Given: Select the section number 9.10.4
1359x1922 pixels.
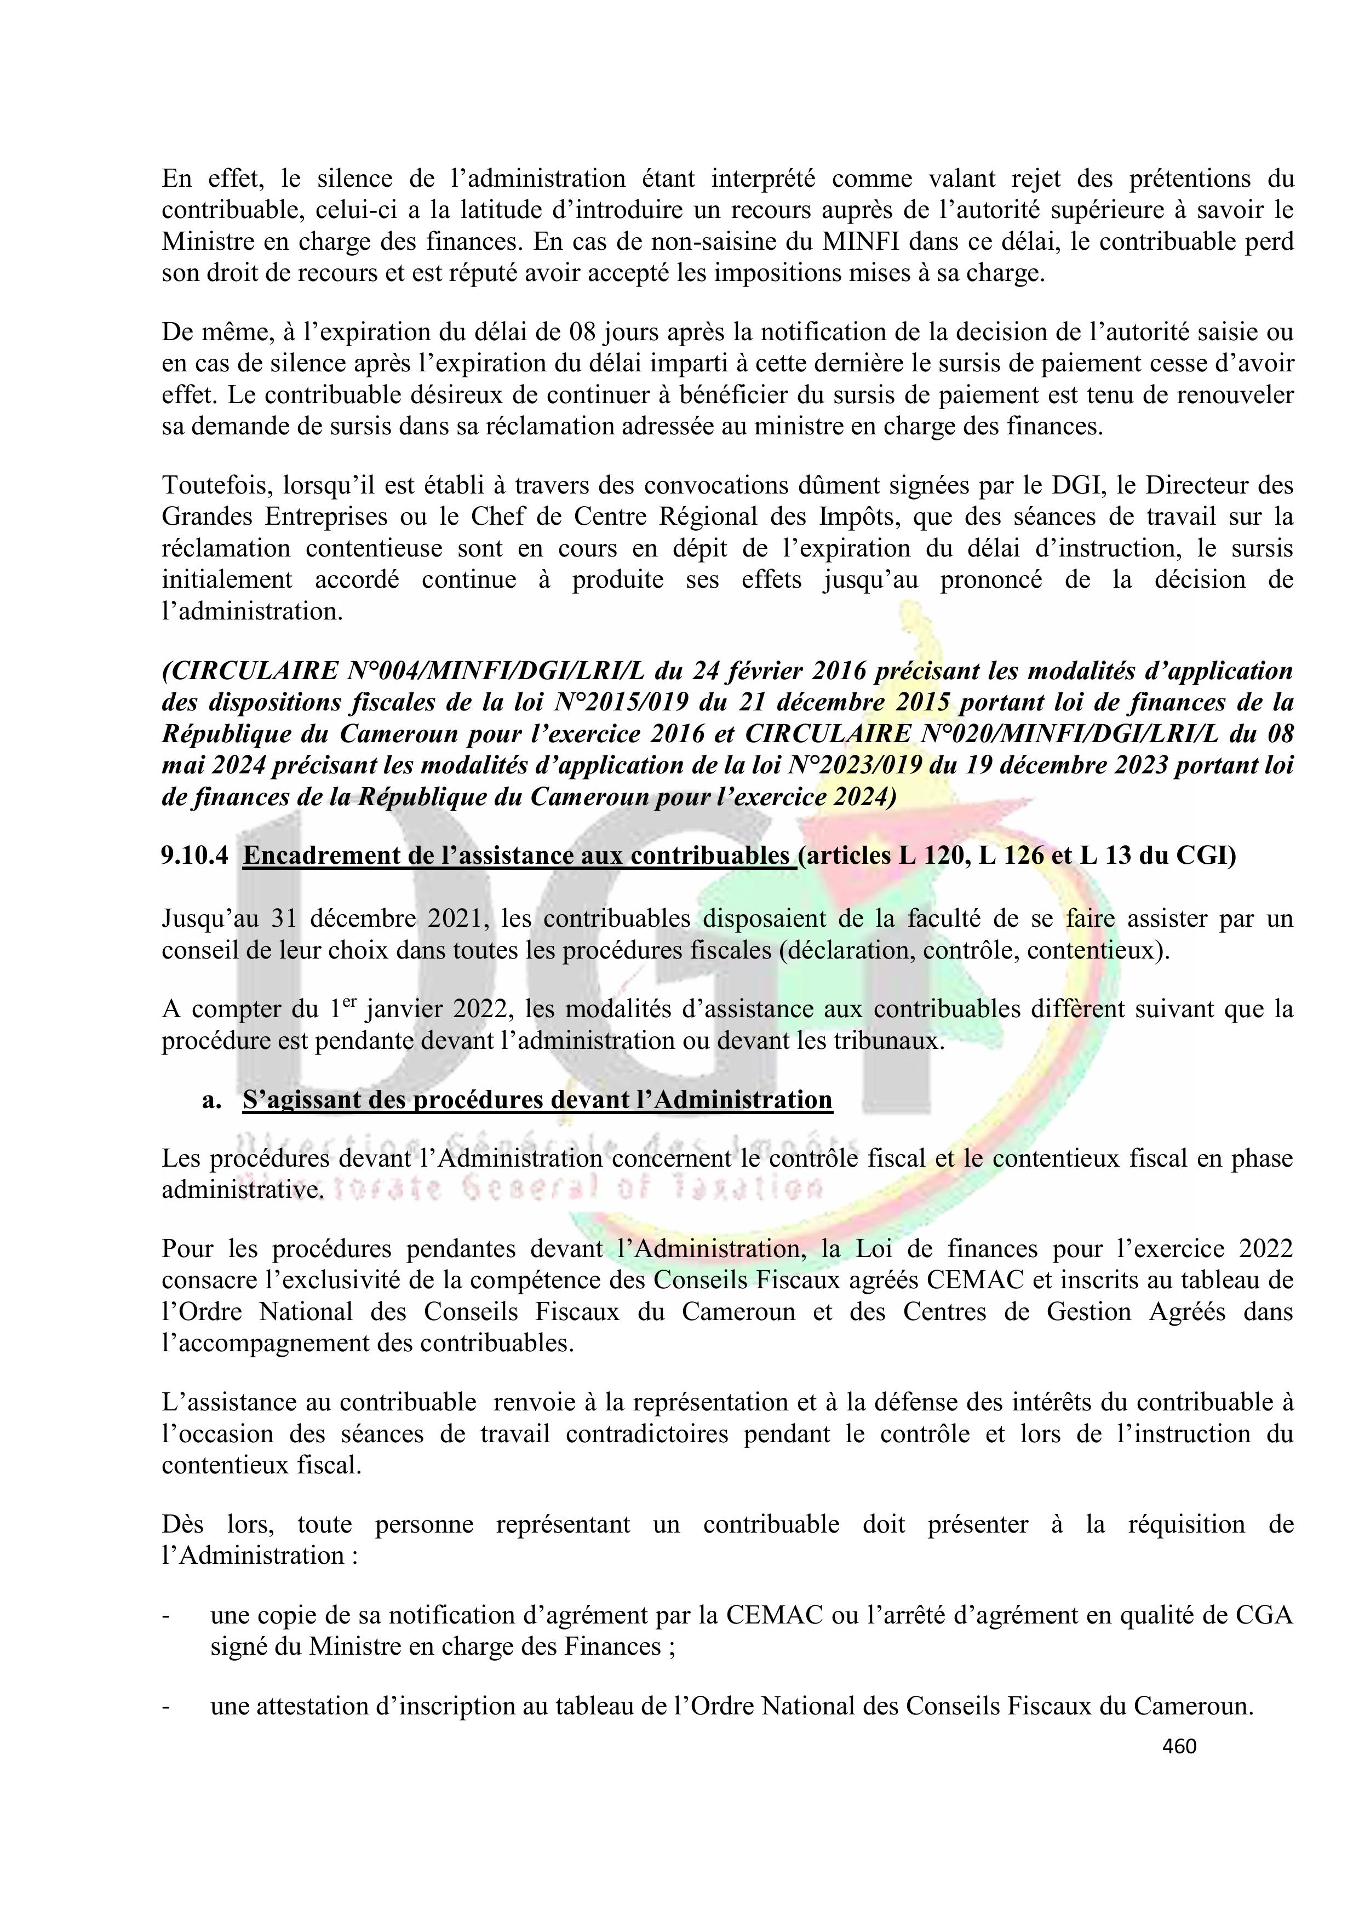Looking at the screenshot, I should pyautogui.click(x=195, y=856).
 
